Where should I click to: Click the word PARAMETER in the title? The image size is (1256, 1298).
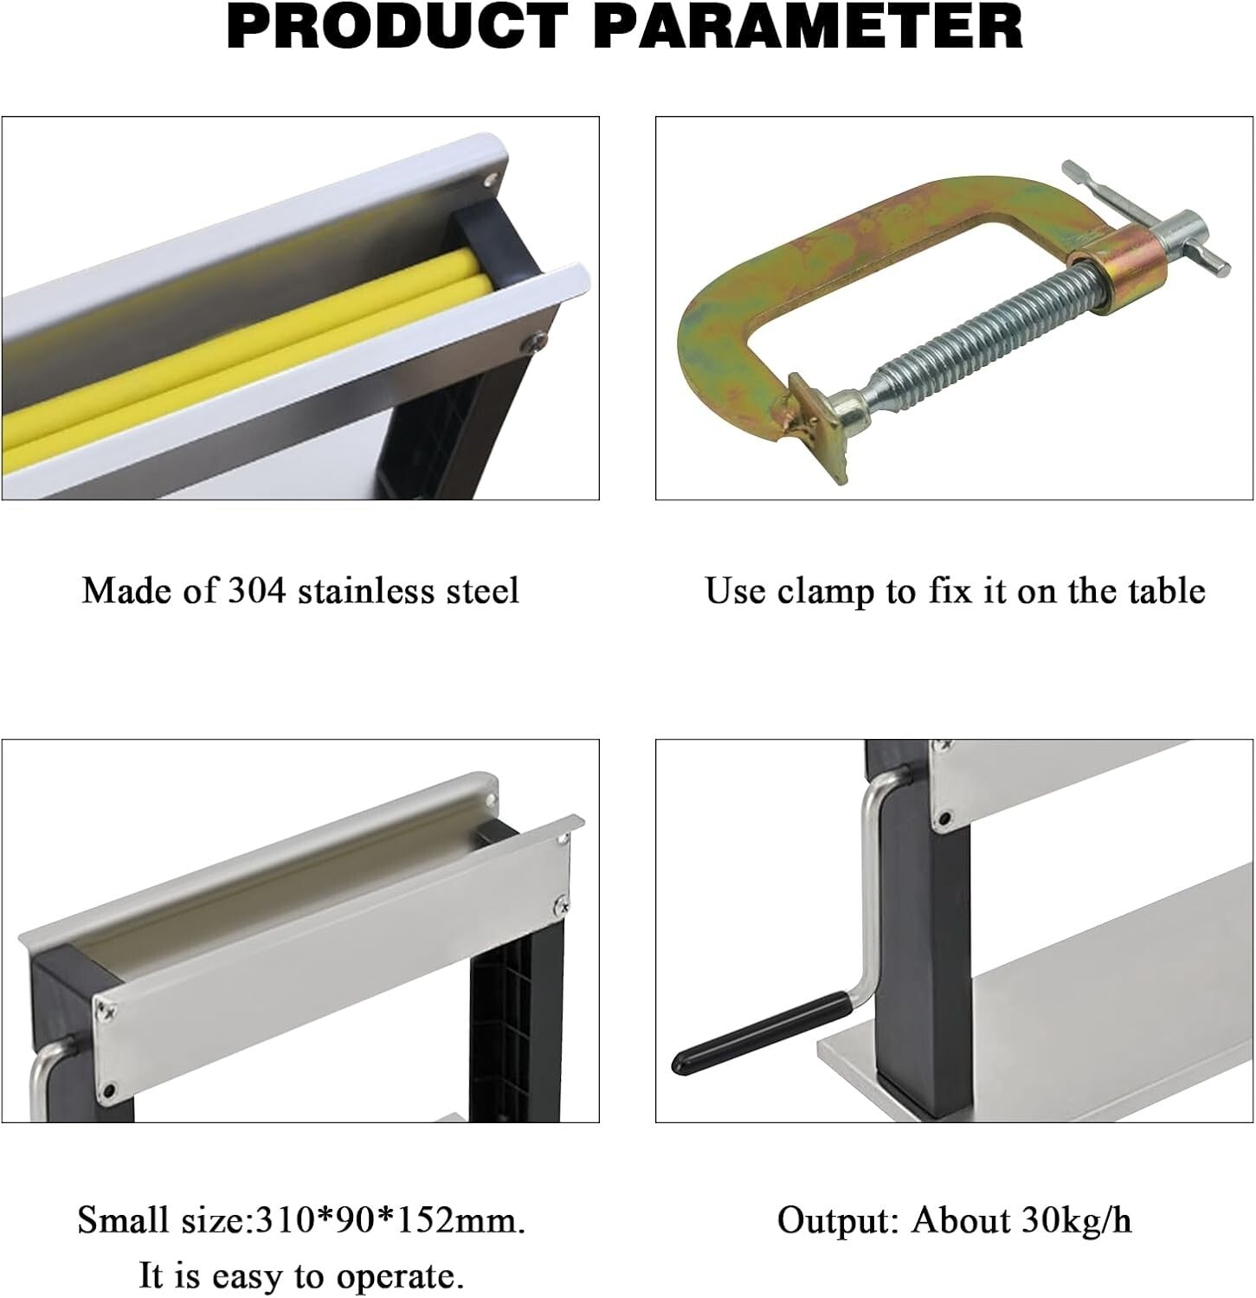(810, 28)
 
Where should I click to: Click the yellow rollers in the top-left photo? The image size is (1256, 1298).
(260, 346)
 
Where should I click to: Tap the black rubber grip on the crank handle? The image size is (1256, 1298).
(753, 1034)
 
